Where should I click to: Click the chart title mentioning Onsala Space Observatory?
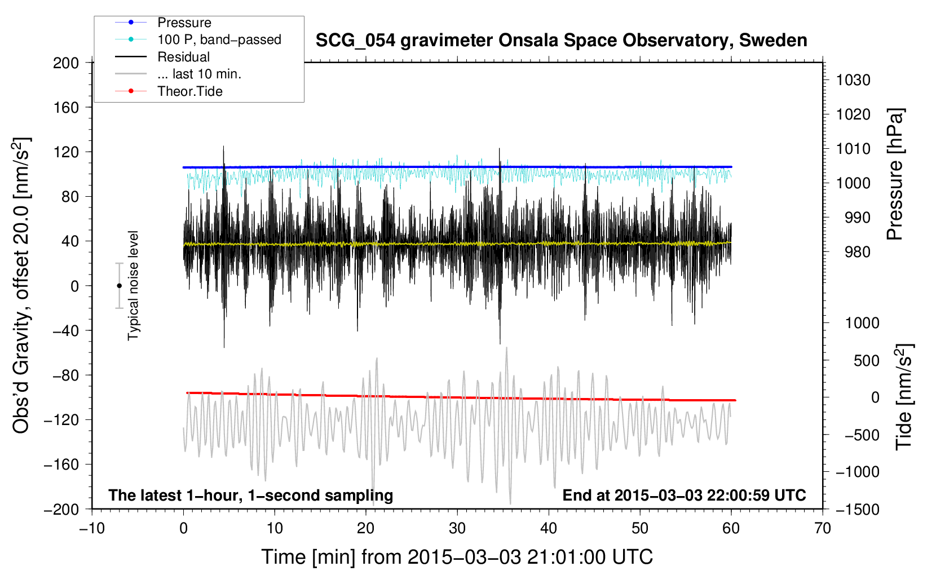[561, 40]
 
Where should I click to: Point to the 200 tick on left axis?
[66, 63]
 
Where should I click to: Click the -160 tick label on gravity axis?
[61, 465]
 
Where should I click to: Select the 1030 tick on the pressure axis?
[853, 80]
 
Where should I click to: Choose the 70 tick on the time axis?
[822, 528]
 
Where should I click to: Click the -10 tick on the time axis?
[92, 528]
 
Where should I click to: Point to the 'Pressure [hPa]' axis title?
[895, 174]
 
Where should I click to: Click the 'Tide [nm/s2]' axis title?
[904, 396]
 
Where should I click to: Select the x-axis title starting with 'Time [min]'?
[457, 557]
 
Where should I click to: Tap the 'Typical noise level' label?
[133, 286]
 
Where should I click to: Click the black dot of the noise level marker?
[119, 286]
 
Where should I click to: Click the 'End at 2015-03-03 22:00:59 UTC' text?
[684, 495]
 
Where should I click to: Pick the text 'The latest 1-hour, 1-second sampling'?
[251, 496]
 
